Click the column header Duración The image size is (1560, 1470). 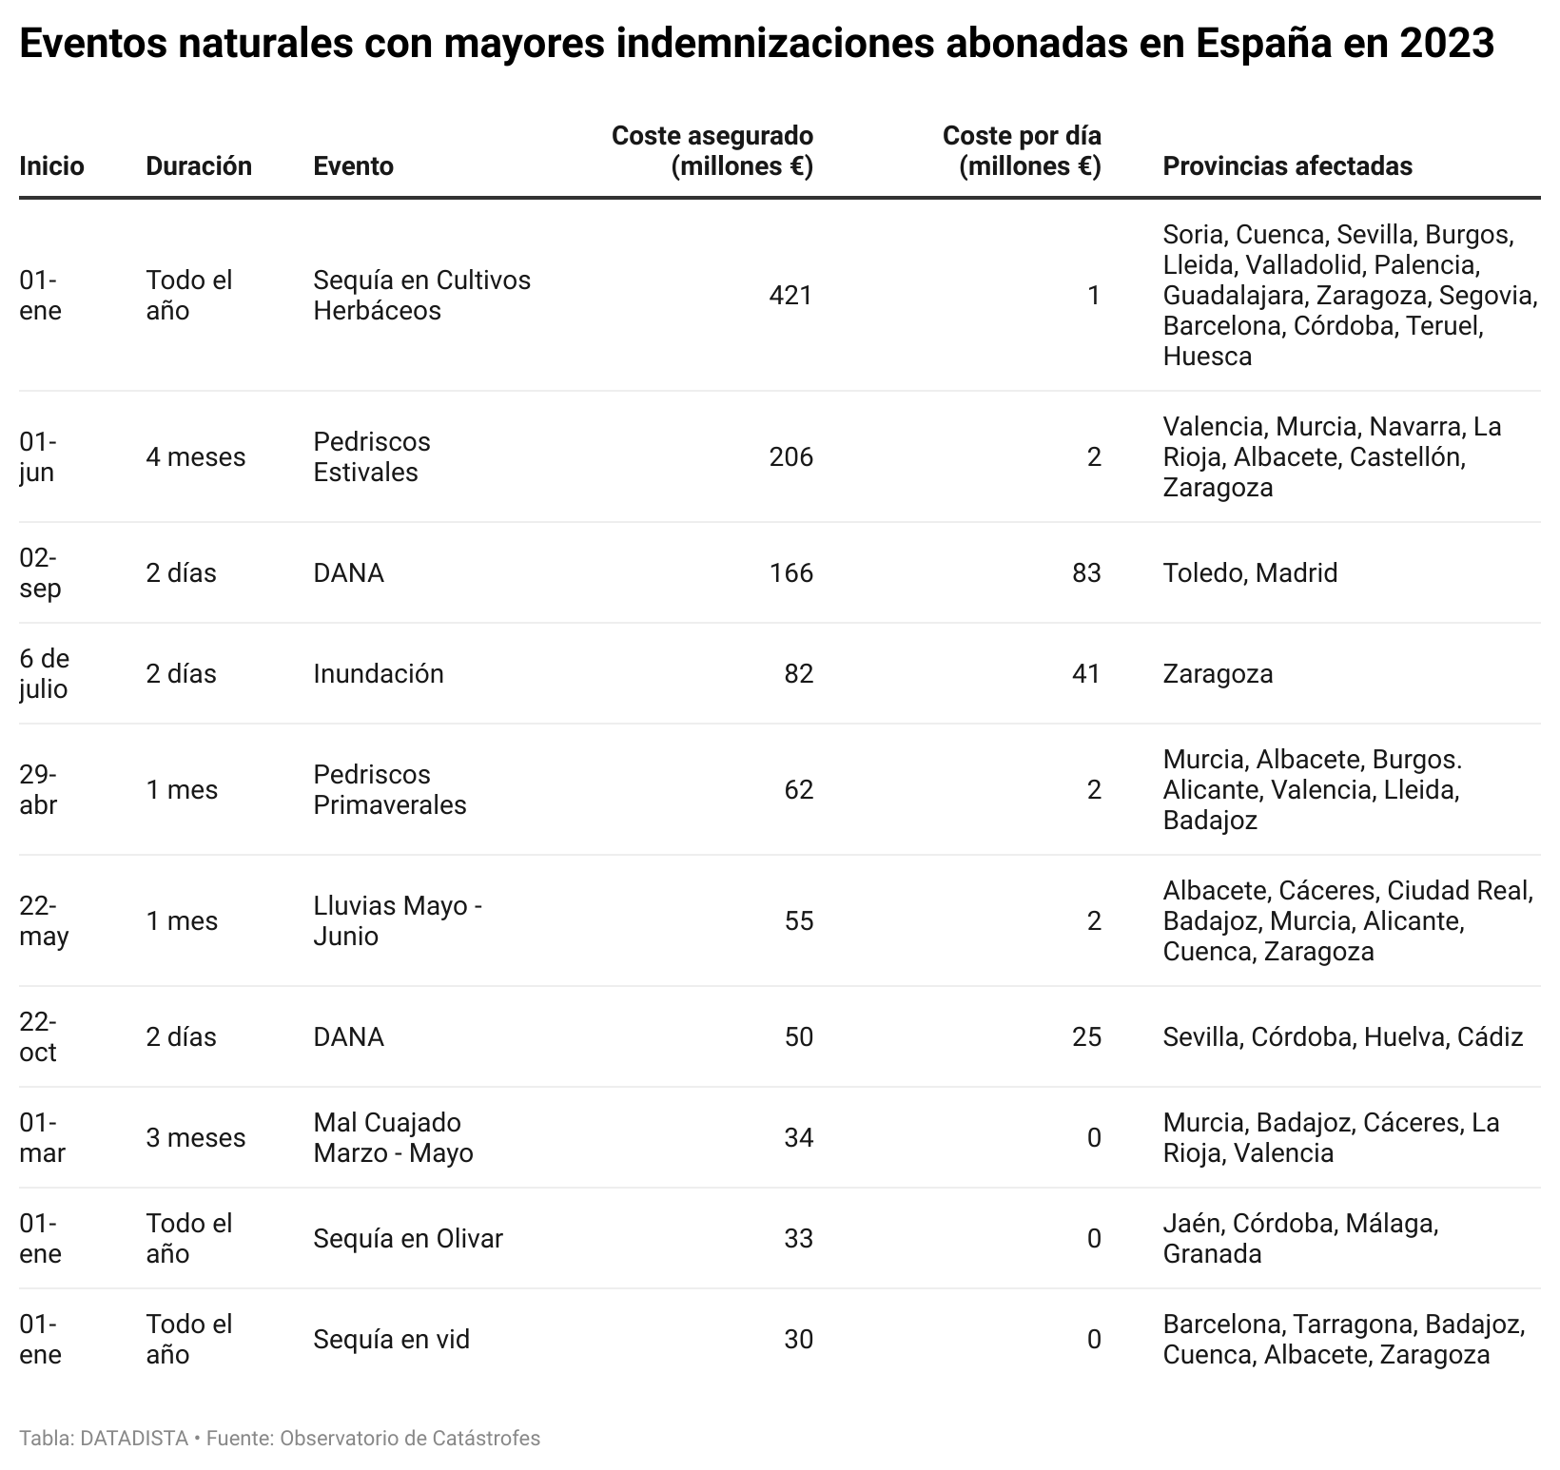point(199,165)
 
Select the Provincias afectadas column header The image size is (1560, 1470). point(1287,165)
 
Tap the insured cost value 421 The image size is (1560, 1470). point(791,295)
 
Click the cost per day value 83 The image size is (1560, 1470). point(1086,572)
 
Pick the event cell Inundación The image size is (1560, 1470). point(379,673)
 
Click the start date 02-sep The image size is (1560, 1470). point(40,572)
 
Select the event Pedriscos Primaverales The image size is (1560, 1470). point(390,789)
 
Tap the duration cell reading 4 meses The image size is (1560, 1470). point(196,456)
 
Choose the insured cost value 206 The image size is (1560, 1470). point(791,456)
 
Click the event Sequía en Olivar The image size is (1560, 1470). point(408,1238)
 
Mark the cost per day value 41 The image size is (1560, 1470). point(1086,673)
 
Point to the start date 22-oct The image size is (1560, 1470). point(38,1036)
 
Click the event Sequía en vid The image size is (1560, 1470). point(392,1339)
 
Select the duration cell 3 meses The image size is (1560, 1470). point(196,1137)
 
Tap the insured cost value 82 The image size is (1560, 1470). point(799,673)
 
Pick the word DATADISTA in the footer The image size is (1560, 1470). point(134,1438)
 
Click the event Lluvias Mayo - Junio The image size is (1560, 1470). point(398,920)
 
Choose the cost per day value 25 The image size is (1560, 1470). point(1086,1036)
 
